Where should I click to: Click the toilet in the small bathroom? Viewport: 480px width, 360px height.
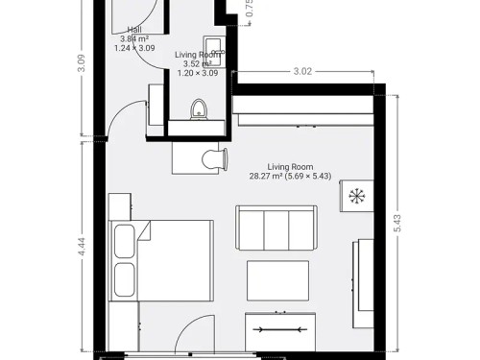click(200, 108)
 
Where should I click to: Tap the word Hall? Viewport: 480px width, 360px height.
click(133, 30)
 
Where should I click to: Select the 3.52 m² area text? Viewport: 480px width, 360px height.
click(197, 64)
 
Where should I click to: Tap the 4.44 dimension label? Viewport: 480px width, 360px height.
click(83, 246)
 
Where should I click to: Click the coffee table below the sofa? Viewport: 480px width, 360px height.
click(277, 279)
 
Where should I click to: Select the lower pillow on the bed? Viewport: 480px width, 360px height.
click(125, 279)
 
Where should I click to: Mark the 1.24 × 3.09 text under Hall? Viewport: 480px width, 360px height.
click(133, 47)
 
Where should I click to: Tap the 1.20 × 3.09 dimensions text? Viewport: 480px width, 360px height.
click(196, 73)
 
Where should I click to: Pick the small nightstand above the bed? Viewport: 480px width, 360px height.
click(119, 204)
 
